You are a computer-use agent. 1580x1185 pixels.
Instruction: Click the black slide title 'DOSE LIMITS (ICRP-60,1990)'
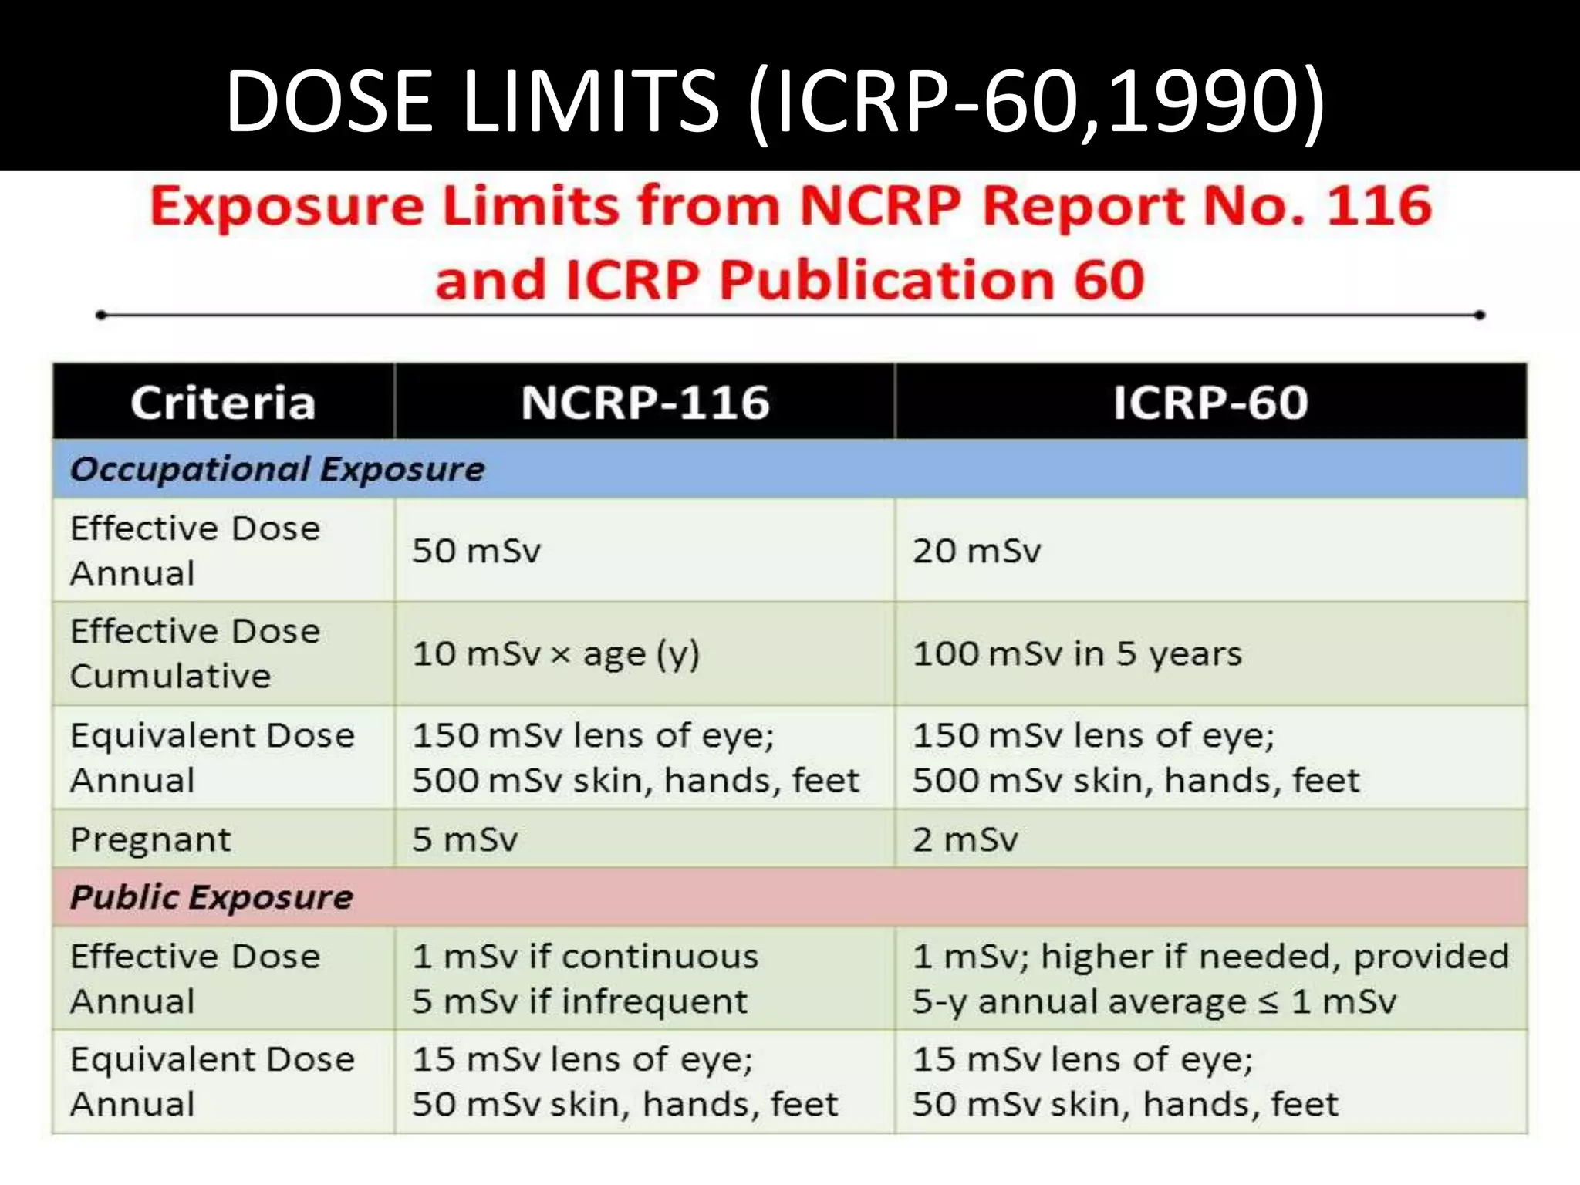[x=775, y=101]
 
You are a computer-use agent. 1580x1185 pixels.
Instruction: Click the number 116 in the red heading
[x=1378, y=207]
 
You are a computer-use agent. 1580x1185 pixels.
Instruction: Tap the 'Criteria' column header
[x=223, y=403]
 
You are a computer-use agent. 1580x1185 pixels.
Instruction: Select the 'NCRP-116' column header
[x=645, y=403]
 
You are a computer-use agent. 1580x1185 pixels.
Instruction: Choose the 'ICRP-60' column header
[x=1210, y=403]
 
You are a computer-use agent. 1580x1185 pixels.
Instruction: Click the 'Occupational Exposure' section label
[x=277, y=469]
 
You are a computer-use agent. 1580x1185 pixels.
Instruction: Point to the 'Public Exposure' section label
[x=211, y=897]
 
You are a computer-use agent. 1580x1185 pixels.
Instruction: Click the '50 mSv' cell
[x=476, y=551]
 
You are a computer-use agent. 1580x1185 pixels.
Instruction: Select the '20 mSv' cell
[x=977, y=551]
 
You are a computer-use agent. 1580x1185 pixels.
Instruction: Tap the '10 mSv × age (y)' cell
[x=555, y=654]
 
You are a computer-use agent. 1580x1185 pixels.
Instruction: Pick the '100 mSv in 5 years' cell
[x=1077, y=654]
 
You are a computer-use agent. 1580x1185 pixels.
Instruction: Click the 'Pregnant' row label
[x=150, y=839]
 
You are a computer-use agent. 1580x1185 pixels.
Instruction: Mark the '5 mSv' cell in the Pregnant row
[x=464, y=839]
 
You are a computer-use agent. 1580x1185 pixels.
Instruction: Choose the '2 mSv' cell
[x=965, y=839]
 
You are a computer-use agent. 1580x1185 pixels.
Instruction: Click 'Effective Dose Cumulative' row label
[x=194, y=653]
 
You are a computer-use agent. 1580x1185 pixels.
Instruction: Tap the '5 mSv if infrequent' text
[x=579, y=1001]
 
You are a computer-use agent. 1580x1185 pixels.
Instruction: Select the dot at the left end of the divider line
[x=100, y=315]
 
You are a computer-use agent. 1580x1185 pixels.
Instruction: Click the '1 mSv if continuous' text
[x=585, y=957]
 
